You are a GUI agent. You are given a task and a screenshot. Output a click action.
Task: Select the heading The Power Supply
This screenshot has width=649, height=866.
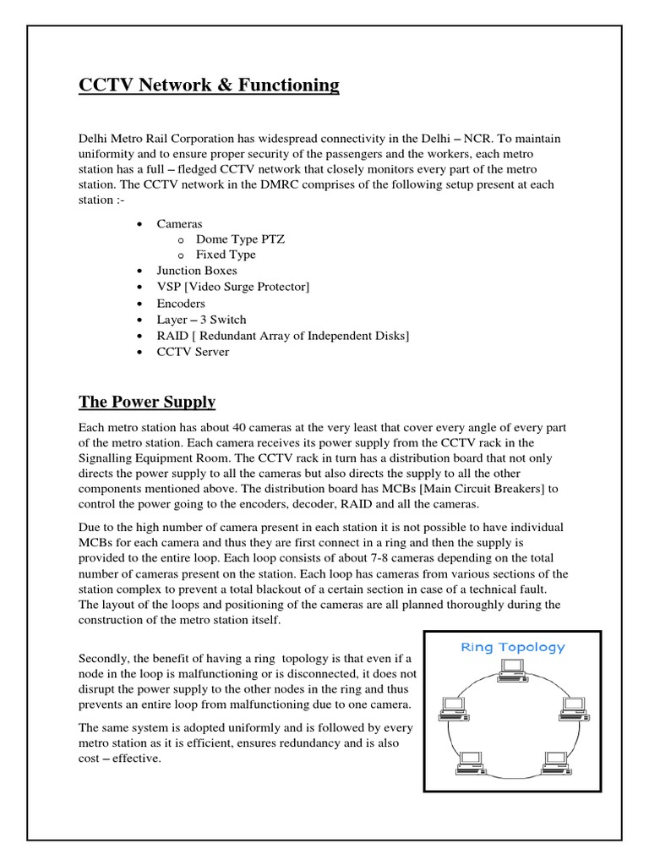(147, 402)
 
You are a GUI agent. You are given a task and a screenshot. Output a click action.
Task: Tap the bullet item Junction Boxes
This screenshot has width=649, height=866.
(196, 271)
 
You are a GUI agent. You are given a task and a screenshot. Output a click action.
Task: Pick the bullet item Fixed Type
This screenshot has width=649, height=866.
(226, 255)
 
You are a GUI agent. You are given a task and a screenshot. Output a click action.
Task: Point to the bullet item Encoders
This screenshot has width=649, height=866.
(180, 303)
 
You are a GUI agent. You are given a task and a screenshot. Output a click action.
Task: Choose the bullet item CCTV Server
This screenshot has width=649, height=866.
(193, 352)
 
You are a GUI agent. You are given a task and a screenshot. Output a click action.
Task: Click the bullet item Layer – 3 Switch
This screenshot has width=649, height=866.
(201, 320)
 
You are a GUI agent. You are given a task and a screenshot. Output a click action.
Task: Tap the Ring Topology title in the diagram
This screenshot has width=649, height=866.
(512, 647)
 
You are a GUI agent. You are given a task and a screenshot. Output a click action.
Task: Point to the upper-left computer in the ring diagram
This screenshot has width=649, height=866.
(450, 706)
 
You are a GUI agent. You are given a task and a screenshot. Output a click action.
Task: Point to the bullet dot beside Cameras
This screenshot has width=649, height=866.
(139, 223)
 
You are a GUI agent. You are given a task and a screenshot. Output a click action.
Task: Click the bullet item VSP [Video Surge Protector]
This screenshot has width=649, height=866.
(232, 287)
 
